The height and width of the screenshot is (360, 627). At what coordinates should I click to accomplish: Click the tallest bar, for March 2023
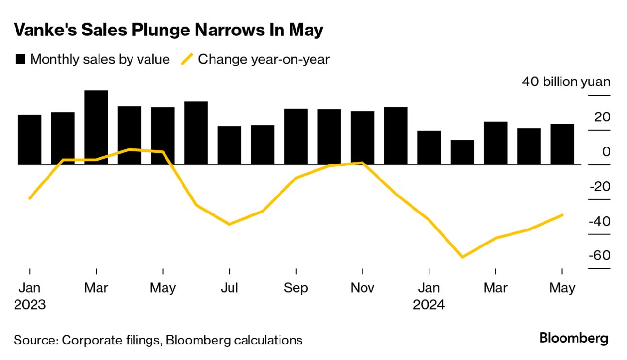[96, 127]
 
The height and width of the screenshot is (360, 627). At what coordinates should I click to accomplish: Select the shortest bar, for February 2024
[462, 152]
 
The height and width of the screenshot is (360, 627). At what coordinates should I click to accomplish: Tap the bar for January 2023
[30, 140]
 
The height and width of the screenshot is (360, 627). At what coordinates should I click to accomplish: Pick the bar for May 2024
[562, 144]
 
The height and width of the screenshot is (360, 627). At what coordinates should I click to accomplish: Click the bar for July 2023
[230, 145]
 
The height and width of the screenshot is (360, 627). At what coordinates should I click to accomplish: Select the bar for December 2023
[396, 136]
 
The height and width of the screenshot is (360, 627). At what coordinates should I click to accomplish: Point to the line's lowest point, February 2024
[462, 257]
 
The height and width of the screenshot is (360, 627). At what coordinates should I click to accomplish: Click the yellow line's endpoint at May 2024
[562, 215]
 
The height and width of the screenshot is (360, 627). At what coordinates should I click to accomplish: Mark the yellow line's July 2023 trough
[229, 224]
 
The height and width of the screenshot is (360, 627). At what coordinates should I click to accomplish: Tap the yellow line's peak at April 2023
[130, 149]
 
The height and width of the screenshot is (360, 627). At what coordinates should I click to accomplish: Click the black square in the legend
[20, 60]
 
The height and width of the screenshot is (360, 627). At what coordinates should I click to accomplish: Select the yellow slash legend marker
[187, 60]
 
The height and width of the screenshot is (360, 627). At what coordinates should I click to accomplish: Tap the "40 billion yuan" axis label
[566, 82]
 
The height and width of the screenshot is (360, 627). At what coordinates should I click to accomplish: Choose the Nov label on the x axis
[363, 288]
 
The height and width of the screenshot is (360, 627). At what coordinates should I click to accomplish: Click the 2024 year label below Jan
[429, 305]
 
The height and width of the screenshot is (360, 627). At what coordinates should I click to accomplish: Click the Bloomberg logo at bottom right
[574, 338]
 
